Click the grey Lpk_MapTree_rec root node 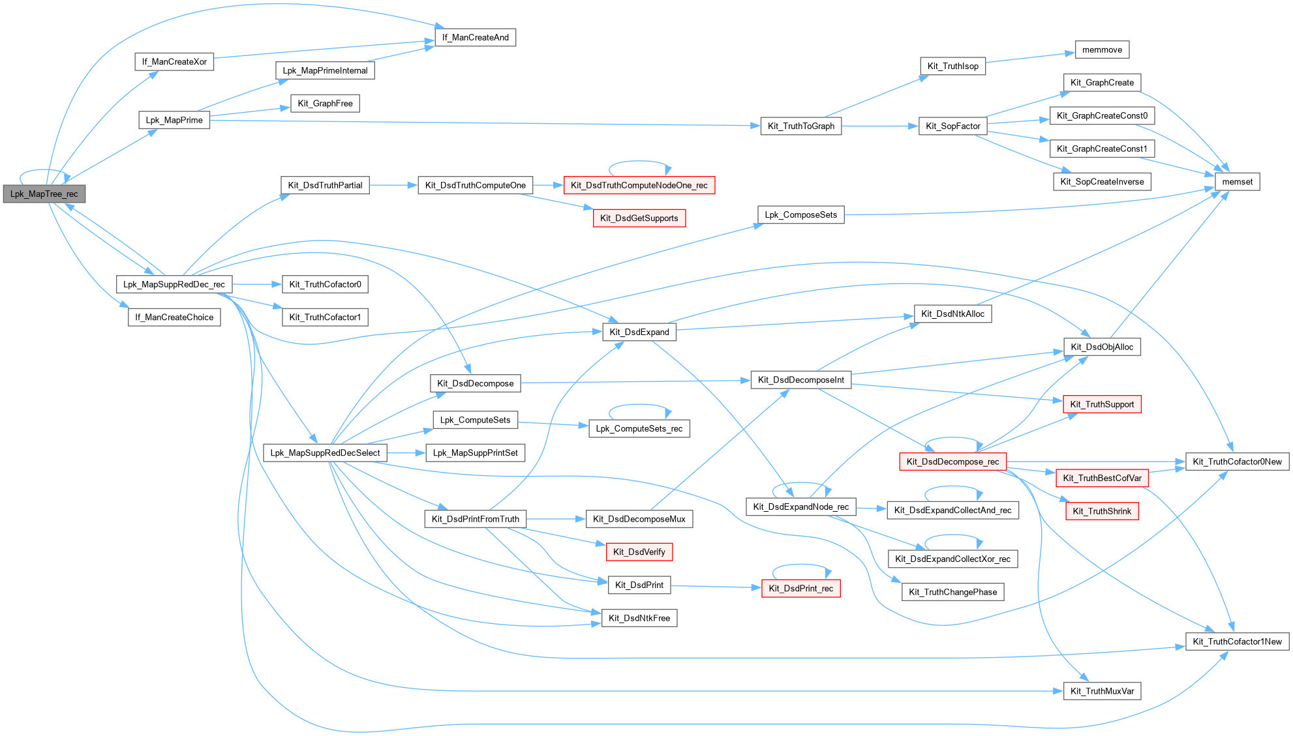pyautogui.click(x=44, y=194)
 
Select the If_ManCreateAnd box pyautogui.click(x=475, y=38)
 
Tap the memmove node pyautogui.click(x=1102, y=50)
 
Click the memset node pyautogui.click(x=1237, y=182)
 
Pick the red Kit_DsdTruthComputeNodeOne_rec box pyautogui.click(x=639, y=186)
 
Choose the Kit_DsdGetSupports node pyautogui.click(x=639, y=218)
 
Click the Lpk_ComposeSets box pyautogui.click(x=800, y=215)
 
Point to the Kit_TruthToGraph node pyautogui.click(x=800, y=126)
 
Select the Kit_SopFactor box pyautogui.click(x=952, y=126)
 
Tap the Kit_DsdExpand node pyautogui.click(x=639, y=332)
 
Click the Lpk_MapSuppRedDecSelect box pyautogui.click(x=325, y=453)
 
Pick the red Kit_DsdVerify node pyautogui.click(x=639, y=552)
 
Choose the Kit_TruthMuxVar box pyautogui.click(x=1102, y=692)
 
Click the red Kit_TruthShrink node pyautogui.click(x=1102, y=512)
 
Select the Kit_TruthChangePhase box pyautogui.click(x=952, y=593)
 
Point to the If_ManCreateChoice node pyautogui.click(x=174, y=317)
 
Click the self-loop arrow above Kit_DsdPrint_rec pyautogui.click(x=801, y=566)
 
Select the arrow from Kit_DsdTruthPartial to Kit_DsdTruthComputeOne pyautogui.click(x=393, y=186)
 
